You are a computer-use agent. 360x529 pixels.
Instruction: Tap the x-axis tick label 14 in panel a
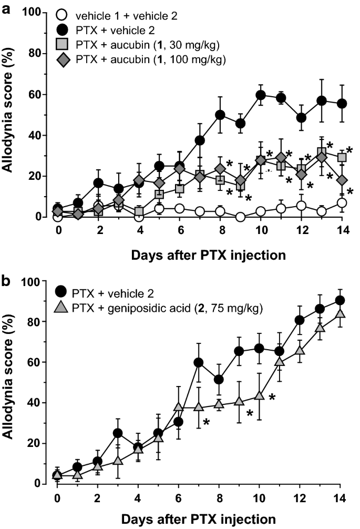[342, 230]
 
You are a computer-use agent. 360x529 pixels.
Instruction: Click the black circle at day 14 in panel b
[340, 300]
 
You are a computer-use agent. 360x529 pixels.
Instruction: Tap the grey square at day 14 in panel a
[342, 157]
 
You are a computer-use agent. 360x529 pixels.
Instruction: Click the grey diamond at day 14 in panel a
[342, 180]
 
